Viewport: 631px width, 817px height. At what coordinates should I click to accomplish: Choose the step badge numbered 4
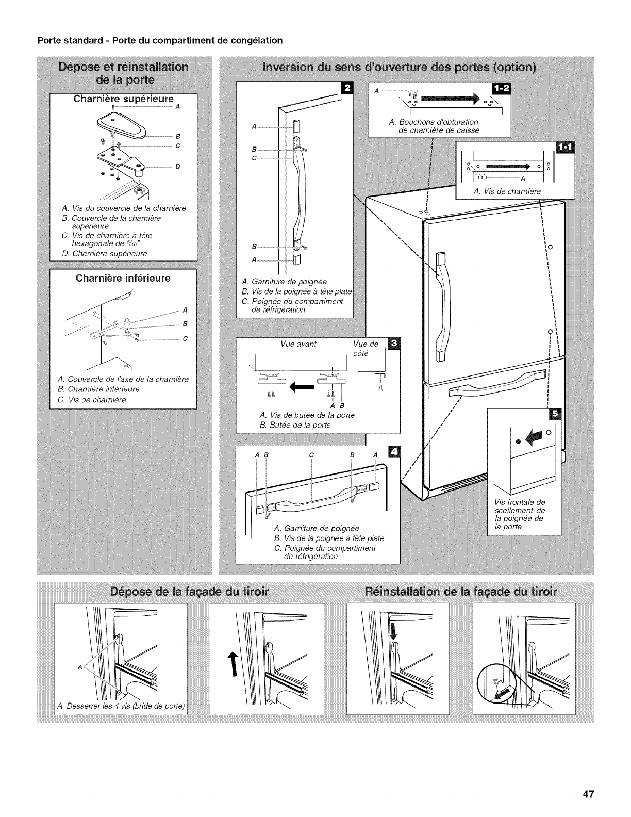coord(394,452)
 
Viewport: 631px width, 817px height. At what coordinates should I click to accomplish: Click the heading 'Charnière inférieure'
coord(123,279)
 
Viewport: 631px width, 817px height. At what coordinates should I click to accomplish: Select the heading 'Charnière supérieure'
coord(123,99)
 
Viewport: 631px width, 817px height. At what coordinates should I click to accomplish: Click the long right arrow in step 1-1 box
coord(506,167)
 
